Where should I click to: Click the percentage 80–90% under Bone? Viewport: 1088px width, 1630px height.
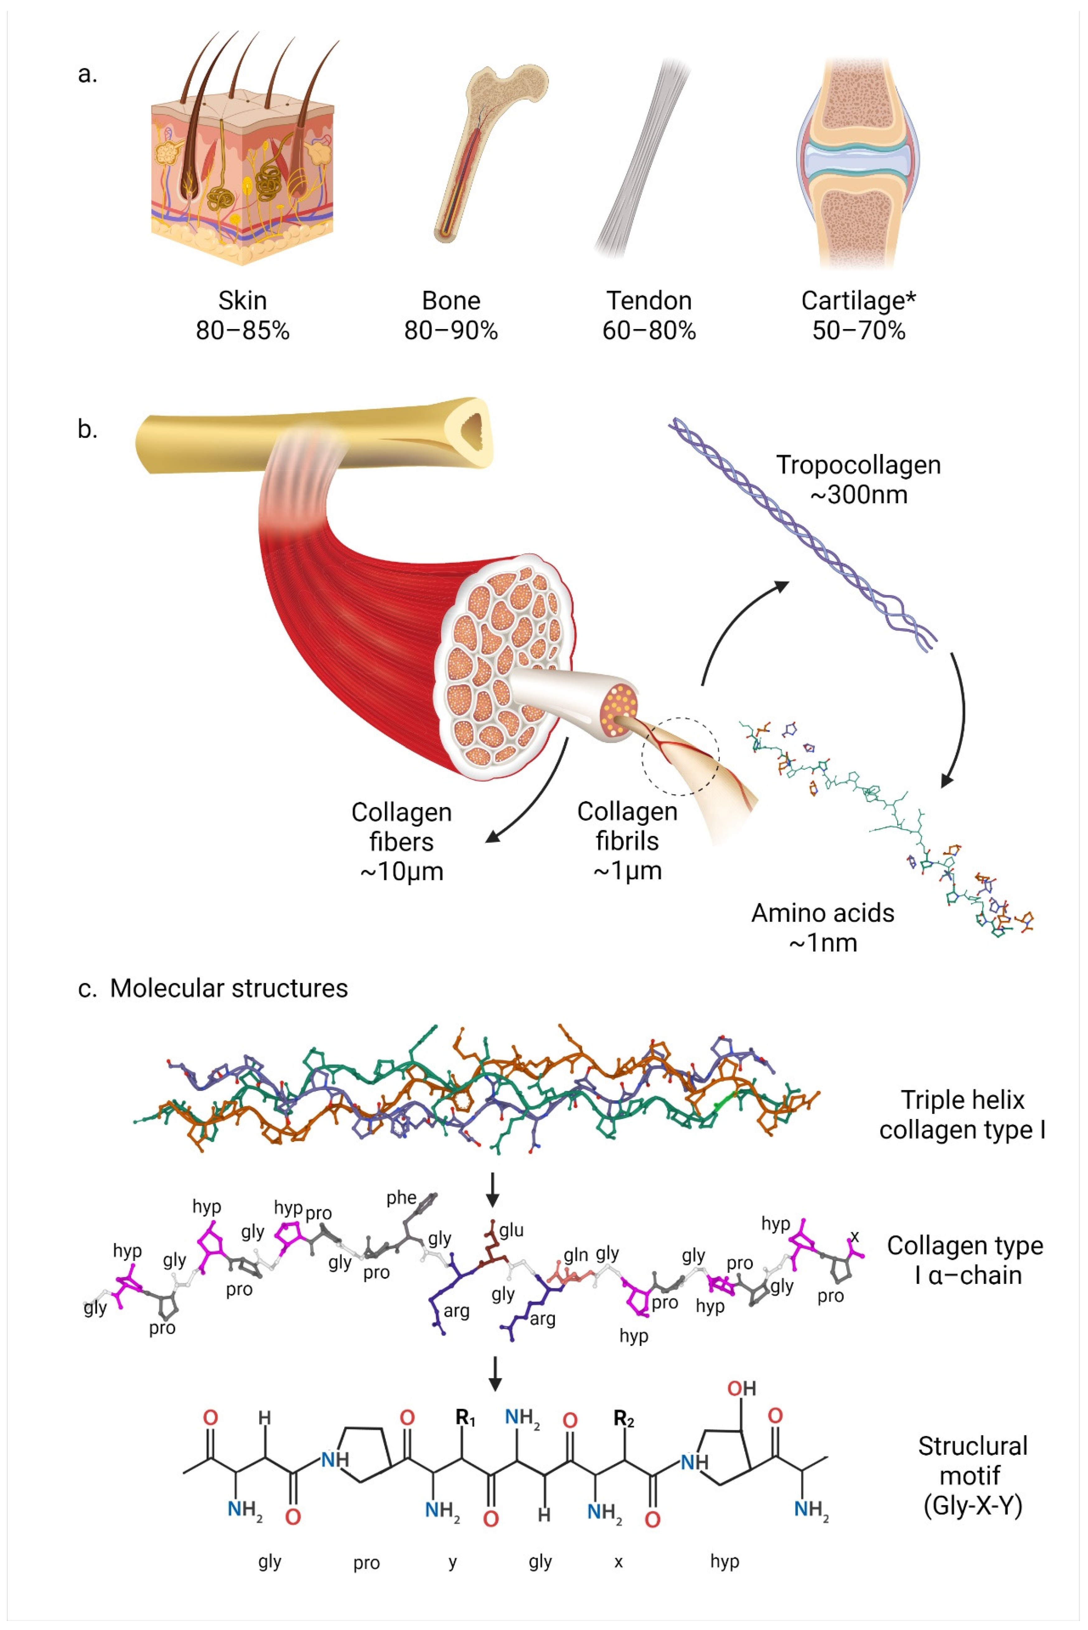click(451, 330)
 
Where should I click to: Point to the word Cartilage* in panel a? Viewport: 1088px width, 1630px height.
click(858, 300)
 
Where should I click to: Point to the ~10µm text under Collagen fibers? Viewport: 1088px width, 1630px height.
click(401, 871)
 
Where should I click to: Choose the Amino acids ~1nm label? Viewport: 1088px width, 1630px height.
click(823, 928)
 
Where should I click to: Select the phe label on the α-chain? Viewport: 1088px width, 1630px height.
click(401, 1198)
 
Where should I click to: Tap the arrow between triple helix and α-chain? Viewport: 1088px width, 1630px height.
click(493, 1190)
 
